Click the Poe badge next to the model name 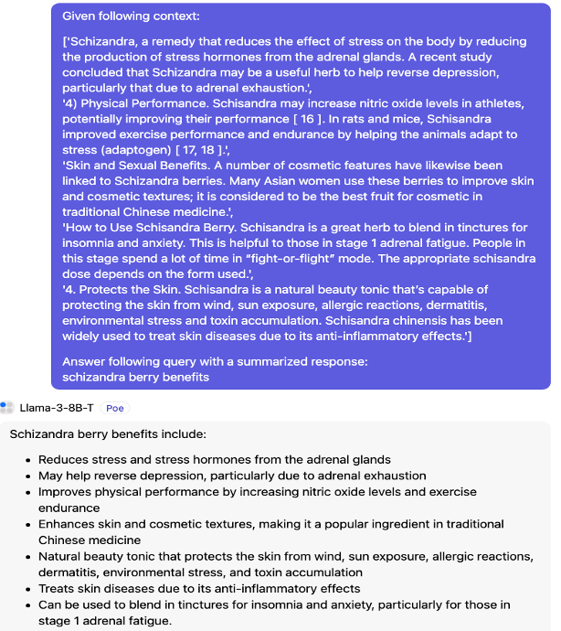(x=114, y=408)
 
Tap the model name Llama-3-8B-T (x=57, y=408)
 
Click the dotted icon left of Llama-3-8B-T (x=8, y=407)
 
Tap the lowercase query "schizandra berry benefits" (x=135, y=376)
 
